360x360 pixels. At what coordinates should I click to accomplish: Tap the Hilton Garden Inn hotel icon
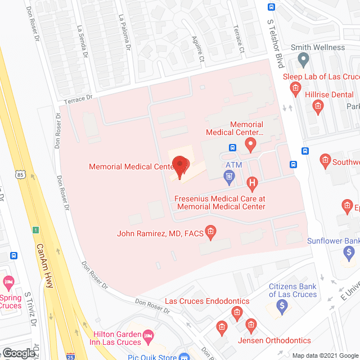point(148,337)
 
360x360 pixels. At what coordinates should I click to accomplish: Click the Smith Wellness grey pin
point(304,58)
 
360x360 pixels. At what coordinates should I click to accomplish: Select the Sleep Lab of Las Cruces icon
point(294,88)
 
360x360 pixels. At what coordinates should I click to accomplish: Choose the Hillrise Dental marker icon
point(318,106)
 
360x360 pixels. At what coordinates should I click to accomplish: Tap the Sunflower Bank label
point(333,241)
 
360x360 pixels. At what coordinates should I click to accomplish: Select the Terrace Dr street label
point(77,98)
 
